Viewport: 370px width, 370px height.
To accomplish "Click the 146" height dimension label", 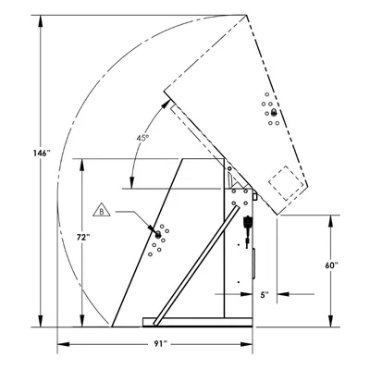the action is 42,153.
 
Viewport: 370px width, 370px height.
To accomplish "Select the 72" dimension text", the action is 83,237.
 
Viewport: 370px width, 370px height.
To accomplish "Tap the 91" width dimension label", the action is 160,344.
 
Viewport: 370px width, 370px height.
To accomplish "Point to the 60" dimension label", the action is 331,265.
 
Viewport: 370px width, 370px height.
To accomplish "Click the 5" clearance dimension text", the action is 265,295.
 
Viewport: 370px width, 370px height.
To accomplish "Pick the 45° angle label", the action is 142,138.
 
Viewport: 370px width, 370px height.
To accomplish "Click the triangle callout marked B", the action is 102,210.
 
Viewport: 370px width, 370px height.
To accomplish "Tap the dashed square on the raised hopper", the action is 286,183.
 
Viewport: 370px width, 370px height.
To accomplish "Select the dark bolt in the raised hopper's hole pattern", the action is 273,113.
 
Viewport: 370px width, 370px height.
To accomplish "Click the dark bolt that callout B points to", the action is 158,234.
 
